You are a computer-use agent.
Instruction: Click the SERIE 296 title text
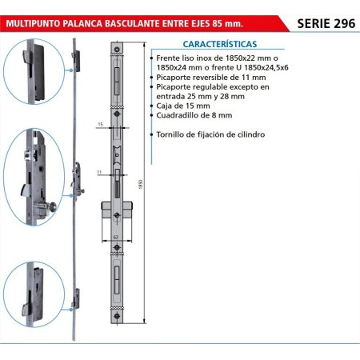(326, 23)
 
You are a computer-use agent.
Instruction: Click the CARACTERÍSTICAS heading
(220, 44)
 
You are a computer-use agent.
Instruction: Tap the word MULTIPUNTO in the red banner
(33, 23)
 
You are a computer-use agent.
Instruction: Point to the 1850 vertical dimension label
(141, 184)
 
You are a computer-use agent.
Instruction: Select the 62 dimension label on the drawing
(116, 237)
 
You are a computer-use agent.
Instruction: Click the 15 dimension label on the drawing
(100, 124)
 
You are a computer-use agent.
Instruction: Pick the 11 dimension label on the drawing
(99, 172)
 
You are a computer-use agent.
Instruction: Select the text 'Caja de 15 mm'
(183, 106)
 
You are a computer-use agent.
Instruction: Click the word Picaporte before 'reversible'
(174, 78)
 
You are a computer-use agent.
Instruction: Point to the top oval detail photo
(34, 71)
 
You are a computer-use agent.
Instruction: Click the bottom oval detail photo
(34, 294)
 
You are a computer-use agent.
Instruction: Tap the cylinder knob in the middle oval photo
(52, 206)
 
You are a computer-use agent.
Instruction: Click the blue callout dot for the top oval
(71, 70)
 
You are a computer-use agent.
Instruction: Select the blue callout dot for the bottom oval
(71, 310)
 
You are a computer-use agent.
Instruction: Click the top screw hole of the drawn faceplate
(117, 50)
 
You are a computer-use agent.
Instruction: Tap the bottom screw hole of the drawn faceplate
(117, 316)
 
